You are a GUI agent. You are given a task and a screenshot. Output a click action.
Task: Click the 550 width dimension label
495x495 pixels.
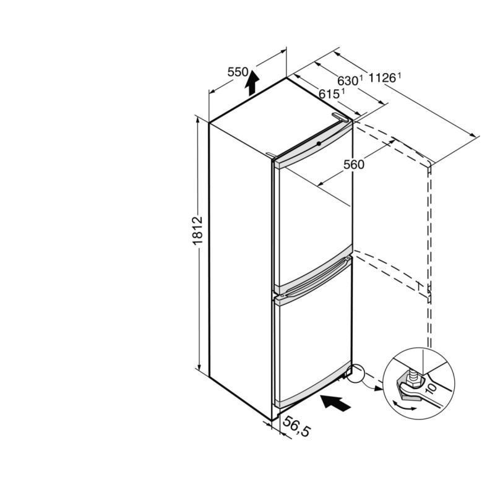[238, 72]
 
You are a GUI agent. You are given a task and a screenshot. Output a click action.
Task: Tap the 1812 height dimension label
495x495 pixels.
[197, 231]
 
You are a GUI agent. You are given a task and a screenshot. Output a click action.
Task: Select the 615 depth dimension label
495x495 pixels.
[329, 94]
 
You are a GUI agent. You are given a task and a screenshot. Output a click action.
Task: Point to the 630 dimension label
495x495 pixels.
[348, 81]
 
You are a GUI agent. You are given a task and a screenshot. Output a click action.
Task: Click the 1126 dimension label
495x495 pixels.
[382, 77]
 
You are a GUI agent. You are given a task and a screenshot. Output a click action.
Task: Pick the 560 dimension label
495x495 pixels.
[354, 165]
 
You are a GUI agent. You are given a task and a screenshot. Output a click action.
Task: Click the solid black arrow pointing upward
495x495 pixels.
[252, 83]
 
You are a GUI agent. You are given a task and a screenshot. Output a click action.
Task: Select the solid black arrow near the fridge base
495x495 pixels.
[335, 403]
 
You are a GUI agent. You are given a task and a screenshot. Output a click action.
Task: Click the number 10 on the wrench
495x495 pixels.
[431, 388]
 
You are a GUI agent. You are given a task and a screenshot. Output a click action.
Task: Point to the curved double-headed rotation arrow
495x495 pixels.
[404, 406]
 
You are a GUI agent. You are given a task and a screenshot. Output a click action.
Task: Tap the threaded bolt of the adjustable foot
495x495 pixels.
[413, 376]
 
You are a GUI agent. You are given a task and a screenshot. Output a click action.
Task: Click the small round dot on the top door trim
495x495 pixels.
[319, 144]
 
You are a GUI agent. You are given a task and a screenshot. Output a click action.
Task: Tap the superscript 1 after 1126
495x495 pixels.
[399, 75]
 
